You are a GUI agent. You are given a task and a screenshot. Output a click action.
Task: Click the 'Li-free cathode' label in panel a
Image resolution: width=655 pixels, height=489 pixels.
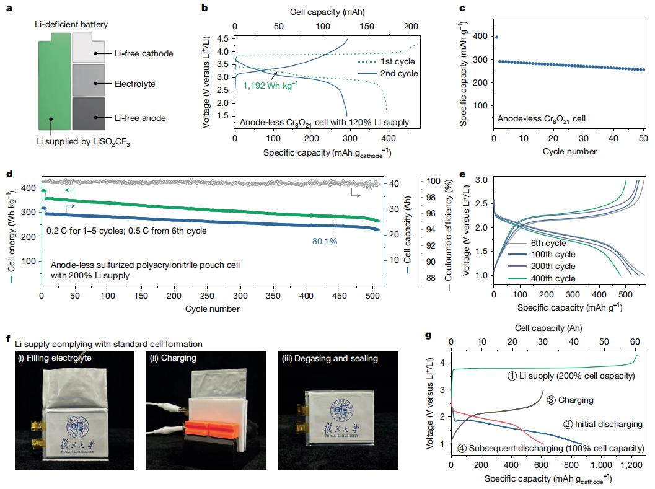point(143,54)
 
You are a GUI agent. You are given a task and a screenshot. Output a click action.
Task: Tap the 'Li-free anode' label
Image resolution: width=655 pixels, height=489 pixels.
point(139,117)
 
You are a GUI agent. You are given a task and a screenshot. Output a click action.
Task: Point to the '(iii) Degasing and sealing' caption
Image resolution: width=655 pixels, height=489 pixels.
point(328,358)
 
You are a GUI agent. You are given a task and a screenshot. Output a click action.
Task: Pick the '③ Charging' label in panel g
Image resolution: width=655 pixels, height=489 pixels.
point(571,400)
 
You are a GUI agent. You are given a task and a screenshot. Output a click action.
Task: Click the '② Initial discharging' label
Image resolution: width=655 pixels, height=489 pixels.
point(601,425)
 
